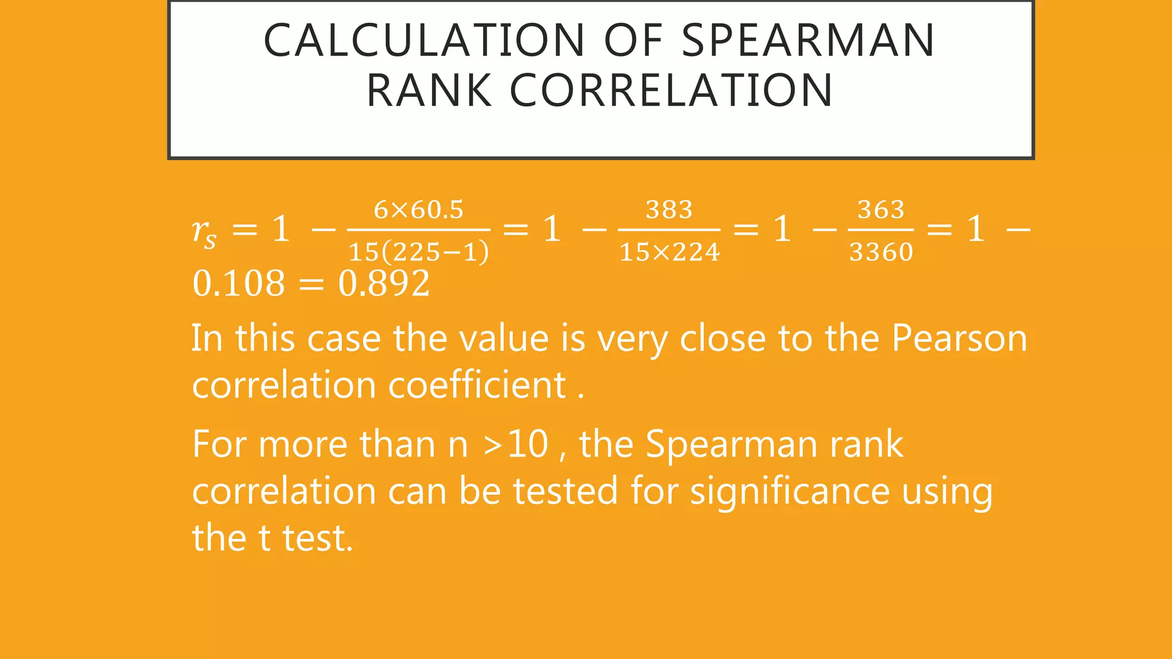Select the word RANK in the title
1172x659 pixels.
click(429, 90)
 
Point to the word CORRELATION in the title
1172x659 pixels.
click(671, 90)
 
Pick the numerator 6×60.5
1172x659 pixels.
click(418, 210)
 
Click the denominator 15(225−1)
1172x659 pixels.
click(418, 252)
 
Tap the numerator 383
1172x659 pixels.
click(669, 210)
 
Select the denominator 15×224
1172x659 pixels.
click(669, 252)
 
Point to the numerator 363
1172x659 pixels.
click(881, 210)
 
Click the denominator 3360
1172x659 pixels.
click(881, 252)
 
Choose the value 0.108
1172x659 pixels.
click(239, 283)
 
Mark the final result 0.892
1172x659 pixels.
click(384, 283)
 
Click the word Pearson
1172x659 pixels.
click(959, 339)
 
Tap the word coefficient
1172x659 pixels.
click(477, 385)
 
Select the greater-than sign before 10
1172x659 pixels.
click(493, 445)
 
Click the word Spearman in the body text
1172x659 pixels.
click(731, 445)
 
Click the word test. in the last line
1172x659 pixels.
click(318, 538)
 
